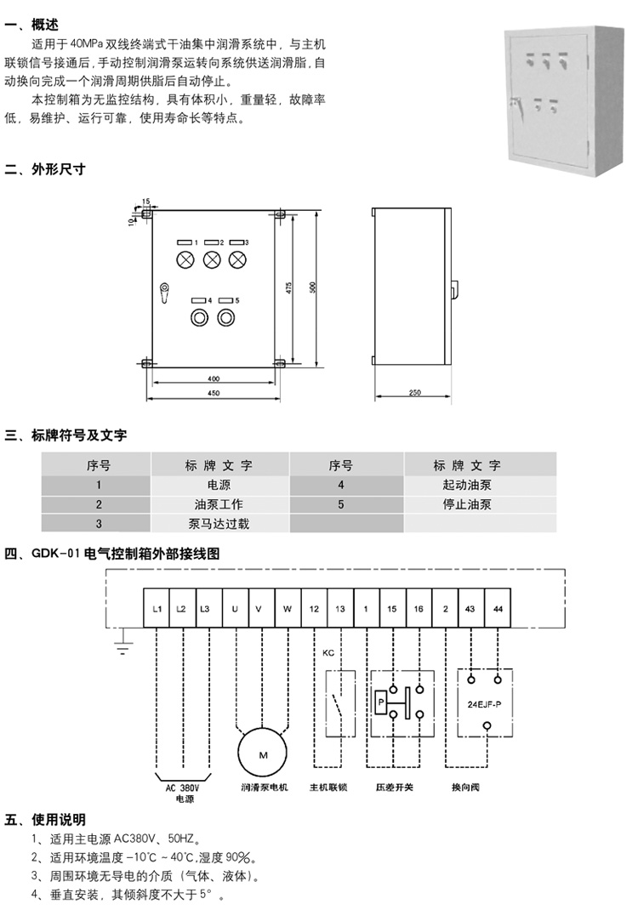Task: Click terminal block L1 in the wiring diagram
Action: (157, 608)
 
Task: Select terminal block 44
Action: (497, 608)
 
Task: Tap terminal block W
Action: (288, 608)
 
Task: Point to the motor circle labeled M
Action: (263, 754)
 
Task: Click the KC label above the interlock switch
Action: (328, 653)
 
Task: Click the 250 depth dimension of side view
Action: (414, 392)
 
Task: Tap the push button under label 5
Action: (225, 318)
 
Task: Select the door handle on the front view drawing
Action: (162, 292)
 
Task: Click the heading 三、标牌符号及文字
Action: (66, 435)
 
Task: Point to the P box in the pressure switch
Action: (380, 702)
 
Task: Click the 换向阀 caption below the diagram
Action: (465, 788)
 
